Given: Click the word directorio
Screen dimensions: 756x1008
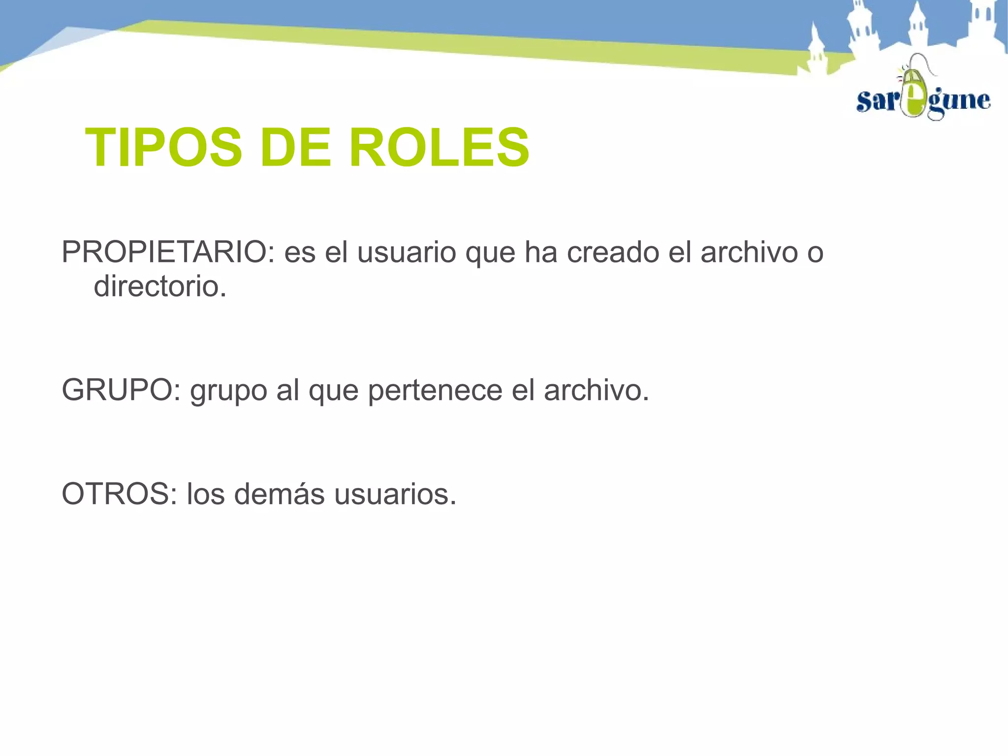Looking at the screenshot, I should [160, 286].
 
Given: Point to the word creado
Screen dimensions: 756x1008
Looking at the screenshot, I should [613, 252].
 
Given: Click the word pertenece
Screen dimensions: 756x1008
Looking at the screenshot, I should [435, 391].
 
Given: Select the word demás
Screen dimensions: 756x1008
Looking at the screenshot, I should [279, 494].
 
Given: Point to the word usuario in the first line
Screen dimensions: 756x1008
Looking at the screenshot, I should [407, 253].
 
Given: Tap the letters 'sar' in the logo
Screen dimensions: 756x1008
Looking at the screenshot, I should [878, 101].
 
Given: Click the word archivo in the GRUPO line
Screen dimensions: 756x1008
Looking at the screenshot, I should [596, 391].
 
